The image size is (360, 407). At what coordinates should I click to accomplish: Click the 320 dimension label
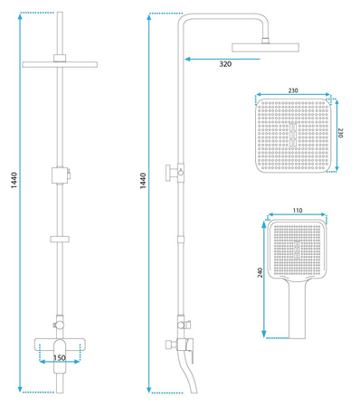[225, 64]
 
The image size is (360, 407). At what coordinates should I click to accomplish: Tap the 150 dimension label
[60, 357]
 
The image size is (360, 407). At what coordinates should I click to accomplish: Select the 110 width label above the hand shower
[298, 210]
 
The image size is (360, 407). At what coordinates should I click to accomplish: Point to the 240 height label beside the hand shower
[261, 272]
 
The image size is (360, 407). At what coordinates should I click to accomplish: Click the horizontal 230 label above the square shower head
[293, 90]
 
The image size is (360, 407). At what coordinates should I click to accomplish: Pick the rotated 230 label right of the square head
[340, 133]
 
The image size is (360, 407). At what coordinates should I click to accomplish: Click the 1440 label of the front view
[14, 180]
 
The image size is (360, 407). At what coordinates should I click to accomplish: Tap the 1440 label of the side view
[143, 181]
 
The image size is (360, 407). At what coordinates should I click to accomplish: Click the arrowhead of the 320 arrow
[187, 59]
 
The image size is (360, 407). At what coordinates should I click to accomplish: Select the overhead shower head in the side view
[265, 47]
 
